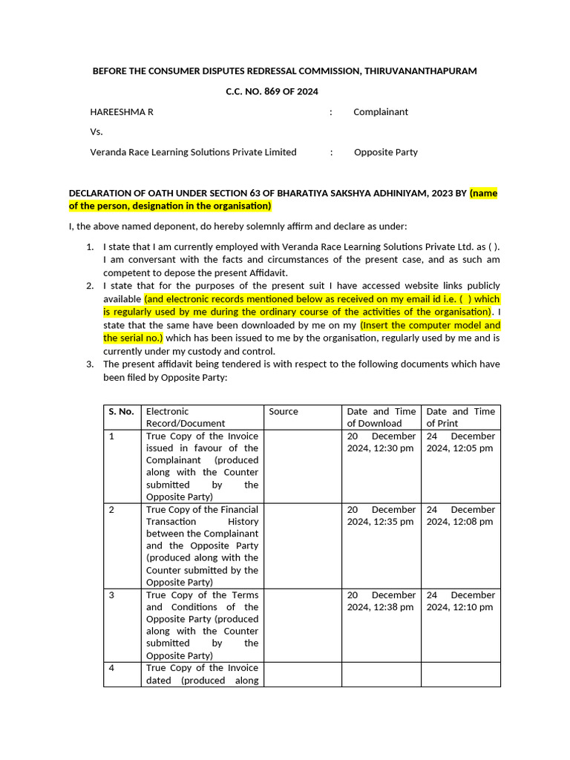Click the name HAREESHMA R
(122, 112)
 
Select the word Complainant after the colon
(381, 112)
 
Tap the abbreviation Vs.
(96, 131)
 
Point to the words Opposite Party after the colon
(385, 152)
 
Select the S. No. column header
(122, 411)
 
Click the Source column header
(284, 411)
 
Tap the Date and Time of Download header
(381, 417)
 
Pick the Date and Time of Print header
(460, 417)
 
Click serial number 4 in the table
(112, 668)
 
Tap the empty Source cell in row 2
(302, 546)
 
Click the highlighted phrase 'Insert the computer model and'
(430, 325)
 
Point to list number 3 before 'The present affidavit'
(89, 364)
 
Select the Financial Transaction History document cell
(202, 546)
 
